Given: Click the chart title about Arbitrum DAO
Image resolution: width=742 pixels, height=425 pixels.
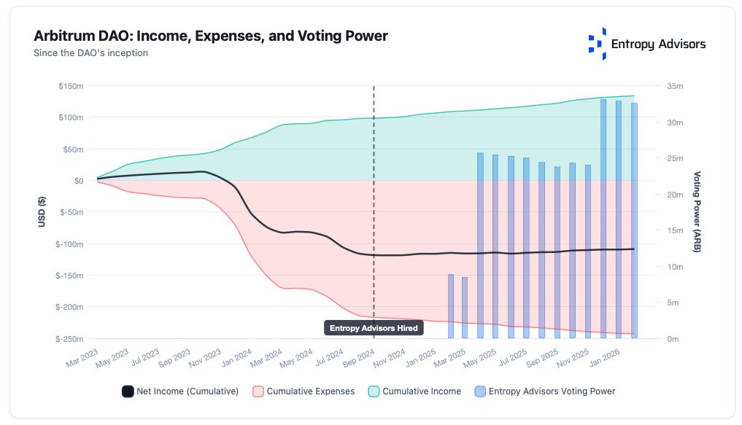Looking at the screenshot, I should pos(211,36).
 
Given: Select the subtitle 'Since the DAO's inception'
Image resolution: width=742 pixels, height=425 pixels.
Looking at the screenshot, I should pos(91,52).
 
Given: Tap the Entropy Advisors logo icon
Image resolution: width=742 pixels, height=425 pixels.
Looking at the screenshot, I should pos(597,44).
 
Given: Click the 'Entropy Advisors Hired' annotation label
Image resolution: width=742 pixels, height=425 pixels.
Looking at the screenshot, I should pos(374,329).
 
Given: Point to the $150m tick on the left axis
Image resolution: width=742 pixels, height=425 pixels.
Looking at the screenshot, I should pos(71,86).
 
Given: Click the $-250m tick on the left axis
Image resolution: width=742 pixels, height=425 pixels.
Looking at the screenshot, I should pos(69,339).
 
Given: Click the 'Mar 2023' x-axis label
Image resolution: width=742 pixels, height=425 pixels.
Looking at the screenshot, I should pos(82,357).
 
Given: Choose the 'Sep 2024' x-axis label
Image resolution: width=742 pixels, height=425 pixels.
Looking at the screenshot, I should pos(358,357).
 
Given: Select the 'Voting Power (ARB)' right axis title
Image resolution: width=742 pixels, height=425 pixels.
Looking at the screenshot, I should pos(697,212).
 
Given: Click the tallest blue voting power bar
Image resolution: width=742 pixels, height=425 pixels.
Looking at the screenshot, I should pos(603,219).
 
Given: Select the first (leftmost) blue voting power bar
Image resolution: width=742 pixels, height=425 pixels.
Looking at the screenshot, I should pos(450,306).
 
